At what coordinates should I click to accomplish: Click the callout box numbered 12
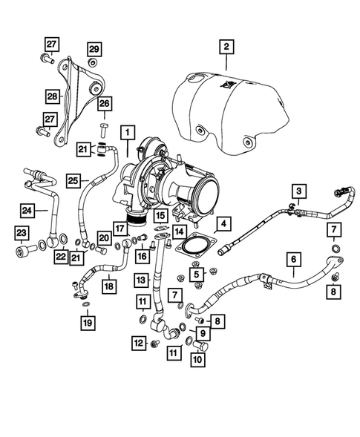[139, 343]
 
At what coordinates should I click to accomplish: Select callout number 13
[142, 280]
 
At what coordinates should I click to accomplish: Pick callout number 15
[160, 216]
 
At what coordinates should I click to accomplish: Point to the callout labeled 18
[109, 285]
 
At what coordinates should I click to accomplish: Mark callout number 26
[104, 103]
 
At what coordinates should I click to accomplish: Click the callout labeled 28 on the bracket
[53, 96]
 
